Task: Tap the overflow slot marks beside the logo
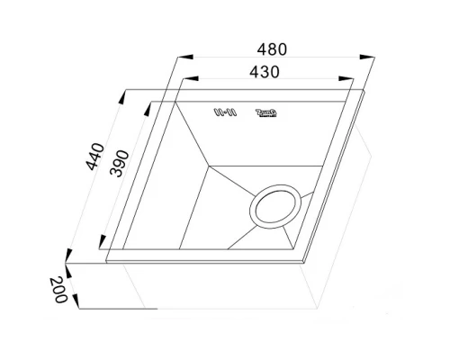point(222,113)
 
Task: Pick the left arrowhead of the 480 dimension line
point(174,58)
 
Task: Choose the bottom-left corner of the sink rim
point(107,261)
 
